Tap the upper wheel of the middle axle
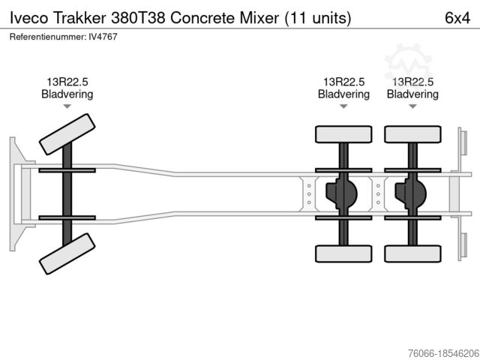(x=343, y=134)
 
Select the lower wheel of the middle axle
(x=343, y=253)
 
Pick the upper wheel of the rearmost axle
(x=412, y=134)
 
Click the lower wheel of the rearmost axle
(x=412, y=253)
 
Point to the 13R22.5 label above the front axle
(x=67, y=82)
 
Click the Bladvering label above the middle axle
(x=343, y=94)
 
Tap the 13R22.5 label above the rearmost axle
(x=412, y=82)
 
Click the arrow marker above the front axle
(x=67, y=107)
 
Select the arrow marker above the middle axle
(x=343, y=107)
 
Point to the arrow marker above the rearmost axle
(x=412, y=107)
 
